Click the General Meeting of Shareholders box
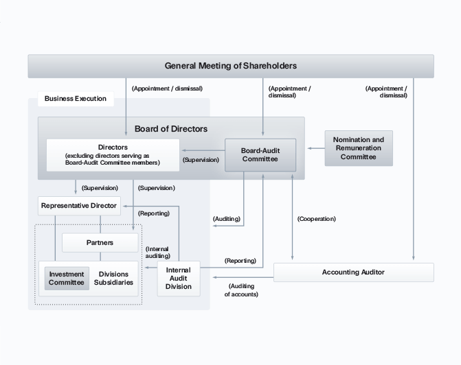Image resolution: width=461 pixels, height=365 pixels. [x=231, y=66]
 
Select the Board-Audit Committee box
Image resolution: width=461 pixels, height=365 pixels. [x=260, y=155]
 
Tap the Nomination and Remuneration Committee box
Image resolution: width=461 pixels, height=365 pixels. [x=359, y=148]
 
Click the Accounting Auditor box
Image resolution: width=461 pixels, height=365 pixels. [x=353, y=272]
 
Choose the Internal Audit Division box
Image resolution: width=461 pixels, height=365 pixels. [x=179, y=278]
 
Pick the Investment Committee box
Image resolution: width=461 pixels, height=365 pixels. [x=67, y=278]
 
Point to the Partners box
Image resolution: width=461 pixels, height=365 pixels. [x=100, y=242]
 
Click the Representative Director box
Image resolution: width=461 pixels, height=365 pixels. [x=79, y=205]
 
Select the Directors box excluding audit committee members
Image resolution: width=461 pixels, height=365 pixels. [x=113, y=155]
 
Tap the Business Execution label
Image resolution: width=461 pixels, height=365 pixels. [x=76, y=99]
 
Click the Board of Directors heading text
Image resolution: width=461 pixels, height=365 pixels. [x=171, y=128]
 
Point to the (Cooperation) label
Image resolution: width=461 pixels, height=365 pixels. [x=317, y=219]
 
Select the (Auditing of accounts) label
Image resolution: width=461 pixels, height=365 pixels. [x=241, y=290]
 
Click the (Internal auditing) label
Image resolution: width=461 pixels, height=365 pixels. [x=157, y=252]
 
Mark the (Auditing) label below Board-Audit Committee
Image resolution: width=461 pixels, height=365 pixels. [x=227, y=219]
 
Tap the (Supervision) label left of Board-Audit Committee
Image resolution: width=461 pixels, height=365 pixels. [x=201, y=160]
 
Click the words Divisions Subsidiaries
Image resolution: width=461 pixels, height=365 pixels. [x=115, y=278]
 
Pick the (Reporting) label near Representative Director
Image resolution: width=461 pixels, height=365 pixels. [x=153, y=213]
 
